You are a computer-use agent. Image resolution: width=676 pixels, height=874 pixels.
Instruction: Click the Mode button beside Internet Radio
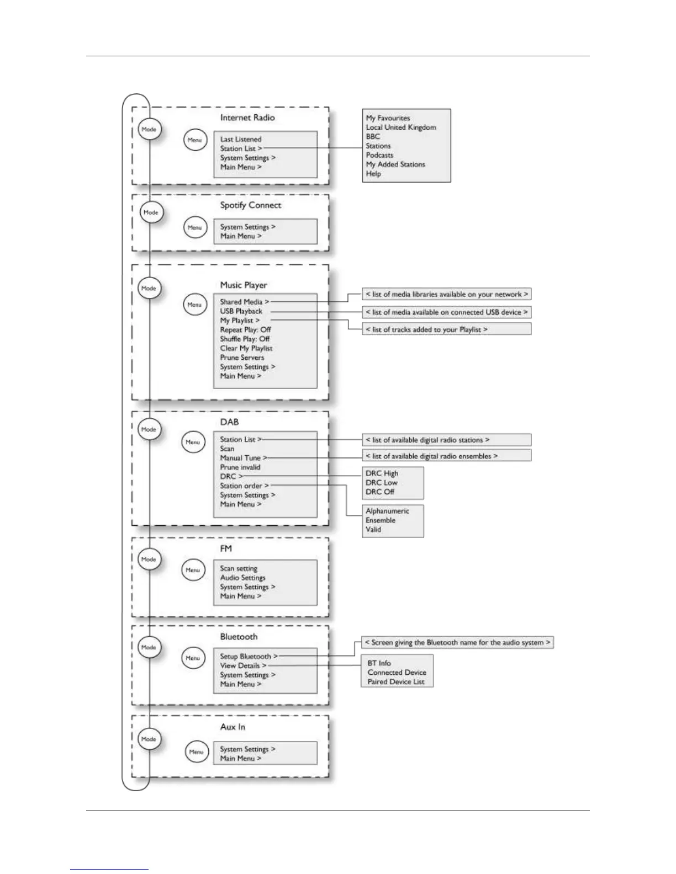coord(149,130)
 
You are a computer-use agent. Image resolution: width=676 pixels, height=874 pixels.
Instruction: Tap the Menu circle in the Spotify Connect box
coord(195,227)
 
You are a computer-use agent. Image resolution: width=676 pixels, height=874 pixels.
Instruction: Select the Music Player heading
coord(244,285)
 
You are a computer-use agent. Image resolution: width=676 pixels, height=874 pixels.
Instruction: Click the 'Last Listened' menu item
coord(241,140)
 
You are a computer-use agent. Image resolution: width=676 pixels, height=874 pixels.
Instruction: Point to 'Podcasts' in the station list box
coord(379,155)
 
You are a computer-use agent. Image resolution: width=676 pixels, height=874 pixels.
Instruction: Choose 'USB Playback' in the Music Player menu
coord(241,311)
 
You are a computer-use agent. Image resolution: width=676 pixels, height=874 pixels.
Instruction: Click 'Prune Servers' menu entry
coord(242,358)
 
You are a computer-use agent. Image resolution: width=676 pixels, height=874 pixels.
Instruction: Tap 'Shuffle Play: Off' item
coord(245,339)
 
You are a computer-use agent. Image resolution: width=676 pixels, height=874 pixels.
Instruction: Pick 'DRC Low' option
coord(381,483)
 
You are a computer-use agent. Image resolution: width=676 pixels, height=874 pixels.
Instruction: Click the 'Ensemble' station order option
coord(380,520)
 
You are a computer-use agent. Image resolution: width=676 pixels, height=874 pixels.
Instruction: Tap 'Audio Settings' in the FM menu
coord(242,578)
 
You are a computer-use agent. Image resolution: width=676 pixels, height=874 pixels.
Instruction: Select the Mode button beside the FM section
coord(149,559)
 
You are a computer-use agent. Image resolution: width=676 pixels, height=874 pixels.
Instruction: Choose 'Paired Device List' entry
coord(396,682)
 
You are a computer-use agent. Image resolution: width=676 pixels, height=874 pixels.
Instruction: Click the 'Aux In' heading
coord(233,727)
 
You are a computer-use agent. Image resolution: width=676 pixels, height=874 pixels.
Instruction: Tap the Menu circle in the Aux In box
coord(197,752)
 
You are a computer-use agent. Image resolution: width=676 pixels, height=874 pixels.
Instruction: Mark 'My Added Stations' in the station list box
coord(395,164)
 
